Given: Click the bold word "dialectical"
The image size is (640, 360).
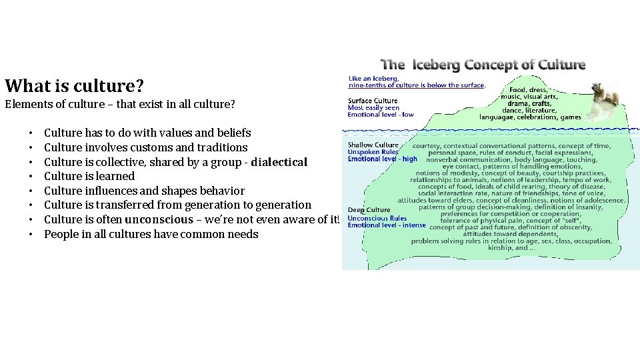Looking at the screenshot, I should (x=279, y=162).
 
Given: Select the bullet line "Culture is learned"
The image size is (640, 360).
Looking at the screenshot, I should (x=89, y=176).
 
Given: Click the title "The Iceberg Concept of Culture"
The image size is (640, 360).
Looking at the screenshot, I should (x=483, y=65).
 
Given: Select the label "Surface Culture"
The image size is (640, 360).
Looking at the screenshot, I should (x=373, y=101).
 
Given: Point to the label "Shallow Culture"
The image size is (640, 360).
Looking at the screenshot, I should (x=373, y=145).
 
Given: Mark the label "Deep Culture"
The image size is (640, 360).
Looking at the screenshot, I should (x=369, y=210).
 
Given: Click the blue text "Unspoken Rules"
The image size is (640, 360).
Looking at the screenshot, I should (x=373, y=152).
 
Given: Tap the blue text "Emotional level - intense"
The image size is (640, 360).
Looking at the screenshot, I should (x=386, y=225).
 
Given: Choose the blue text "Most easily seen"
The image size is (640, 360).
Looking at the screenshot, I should (x=373, y=107).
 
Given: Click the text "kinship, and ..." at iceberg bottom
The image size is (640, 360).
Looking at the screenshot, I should (x=511, y=247).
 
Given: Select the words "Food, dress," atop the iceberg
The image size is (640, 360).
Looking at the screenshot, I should (x=528, y=89).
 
